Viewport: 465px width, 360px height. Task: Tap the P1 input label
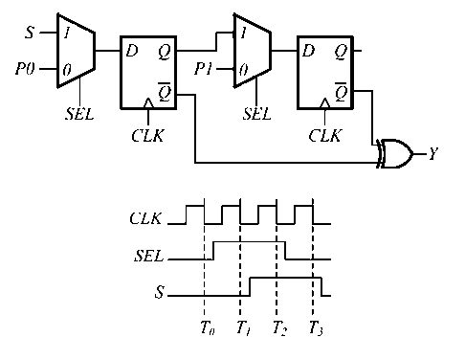click(x=203, y=70)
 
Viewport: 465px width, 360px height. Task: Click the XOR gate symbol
click(x=394, y=153)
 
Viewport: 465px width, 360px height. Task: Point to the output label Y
click(x=432, y=153)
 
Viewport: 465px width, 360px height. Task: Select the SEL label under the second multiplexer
click(x=256, y=113)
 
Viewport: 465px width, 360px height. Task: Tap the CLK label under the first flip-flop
click(x=147, y=135)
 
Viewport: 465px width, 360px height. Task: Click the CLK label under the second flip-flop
click(x=325, y=135)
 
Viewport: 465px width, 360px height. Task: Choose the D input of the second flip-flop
click(x=308, y=49)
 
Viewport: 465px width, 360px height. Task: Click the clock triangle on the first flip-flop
click(x=147, y=102)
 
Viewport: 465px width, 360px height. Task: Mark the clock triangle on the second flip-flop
click(x=325, y=102)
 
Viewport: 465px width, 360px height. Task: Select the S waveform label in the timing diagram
click(x=157, y=291)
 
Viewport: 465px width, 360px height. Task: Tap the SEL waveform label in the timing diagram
click(x=148, y=257)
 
